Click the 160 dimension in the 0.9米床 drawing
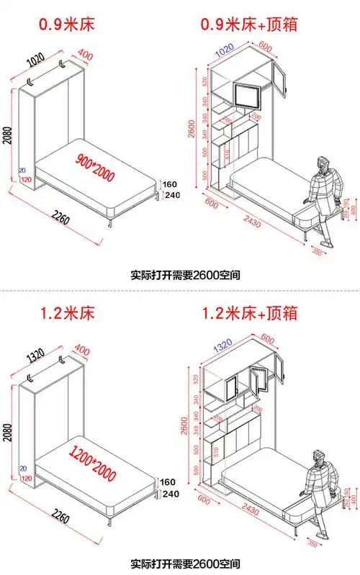point(171,182)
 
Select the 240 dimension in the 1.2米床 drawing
point(171,494)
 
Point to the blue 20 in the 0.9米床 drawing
point(23,170)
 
